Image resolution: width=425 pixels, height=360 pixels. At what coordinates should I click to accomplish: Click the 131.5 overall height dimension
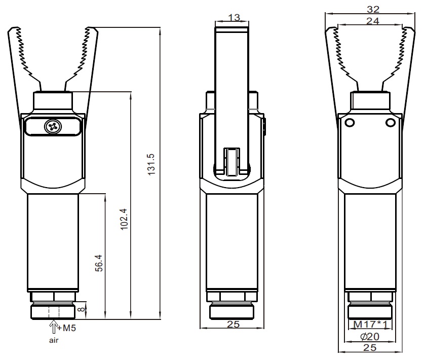[x=151, y=164]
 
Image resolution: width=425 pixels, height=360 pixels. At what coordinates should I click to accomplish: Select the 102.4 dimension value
[x=124, y=219]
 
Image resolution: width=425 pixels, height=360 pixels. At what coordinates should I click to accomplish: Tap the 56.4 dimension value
[x=99, y=263]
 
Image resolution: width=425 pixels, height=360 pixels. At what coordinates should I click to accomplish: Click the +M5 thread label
[x=67, y=328]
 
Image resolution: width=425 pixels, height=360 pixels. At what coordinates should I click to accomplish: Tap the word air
[x=54, y=340]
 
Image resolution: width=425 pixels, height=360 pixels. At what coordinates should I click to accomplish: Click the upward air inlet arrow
[x=54, y=327]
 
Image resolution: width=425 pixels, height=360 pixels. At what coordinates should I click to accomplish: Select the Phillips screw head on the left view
[x=53, y=126]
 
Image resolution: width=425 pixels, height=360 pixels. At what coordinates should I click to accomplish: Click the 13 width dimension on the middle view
[x=234, y=18]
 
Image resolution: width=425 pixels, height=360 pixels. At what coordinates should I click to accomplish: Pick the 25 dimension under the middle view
[x=234, y=324]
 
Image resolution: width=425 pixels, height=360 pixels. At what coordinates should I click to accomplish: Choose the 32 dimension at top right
[x=373, y=9]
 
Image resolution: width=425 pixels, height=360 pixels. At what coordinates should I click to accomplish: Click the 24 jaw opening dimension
[x=373, y=21]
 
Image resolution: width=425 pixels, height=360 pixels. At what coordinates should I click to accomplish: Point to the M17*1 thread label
[x=370, y=324]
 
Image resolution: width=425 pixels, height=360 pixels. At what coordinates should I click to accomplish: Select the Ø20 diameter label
[x=370, y=336]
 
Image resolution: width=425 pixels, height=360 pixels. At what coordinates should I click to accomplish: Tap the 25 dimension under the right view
[x=370, y=347]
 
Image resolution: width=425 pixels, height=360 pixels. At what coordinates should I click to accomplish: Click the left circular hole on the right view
[x=350, y=123]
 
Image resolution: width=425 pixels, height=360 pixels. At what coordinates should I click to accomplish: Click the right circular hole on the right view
[x=391, y=123]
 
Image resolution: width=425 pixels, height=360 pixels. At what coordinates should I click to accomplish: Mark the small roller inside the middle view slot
[x=232, y=162]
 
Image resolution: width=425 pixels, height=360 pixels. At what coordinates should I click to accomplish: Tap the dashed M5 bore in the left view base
[x=54, y=312]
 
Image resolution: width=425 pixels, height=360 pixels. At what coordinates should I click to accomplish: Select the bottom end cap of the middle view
[x=231, y=312]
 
